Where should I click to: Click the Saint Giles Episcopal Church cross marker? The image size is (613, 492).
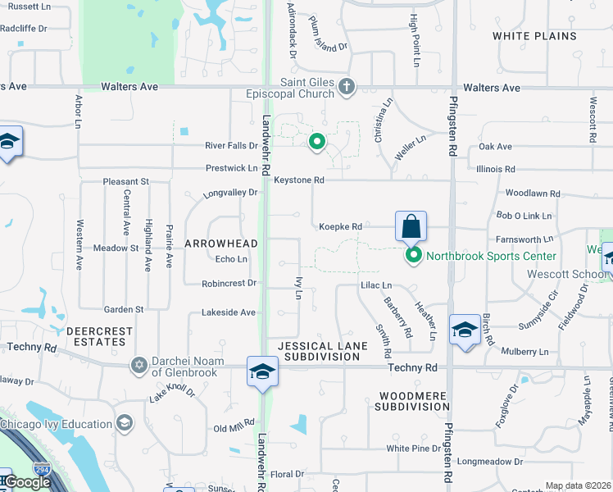coord(347,86)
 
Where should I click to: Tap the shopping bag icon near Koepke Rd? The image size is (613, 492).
coord(411,225)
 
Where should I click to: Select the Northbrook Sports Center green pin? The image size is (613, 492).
coord(414,256)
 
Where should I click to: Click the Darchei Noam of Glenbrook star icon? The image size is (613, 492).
coord(138,364)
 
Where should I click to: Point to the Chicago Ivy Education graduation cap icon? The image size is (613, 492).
coord(124,423)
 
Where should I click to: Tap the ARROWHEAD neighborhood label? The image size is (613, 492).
coord(220,244)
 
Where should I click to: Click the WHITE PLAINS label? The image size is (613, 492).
coord(546,36)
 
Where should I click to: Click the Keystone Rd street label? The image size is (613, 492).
coord(299,180)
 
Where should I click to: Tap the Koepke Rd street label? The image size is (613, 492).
coord(340,226)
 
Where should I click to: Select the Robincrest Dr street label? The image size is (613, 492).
coord(229,284)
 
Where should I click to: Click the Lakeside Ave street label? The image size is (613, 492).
coord(229,312)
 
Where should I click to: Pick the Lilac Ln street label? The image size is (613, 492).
coord(376,285)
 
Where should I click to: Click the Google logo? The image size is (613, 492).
coord(26,483)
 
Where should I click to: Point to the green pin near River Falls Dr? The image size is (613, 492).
coord(317,143)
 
